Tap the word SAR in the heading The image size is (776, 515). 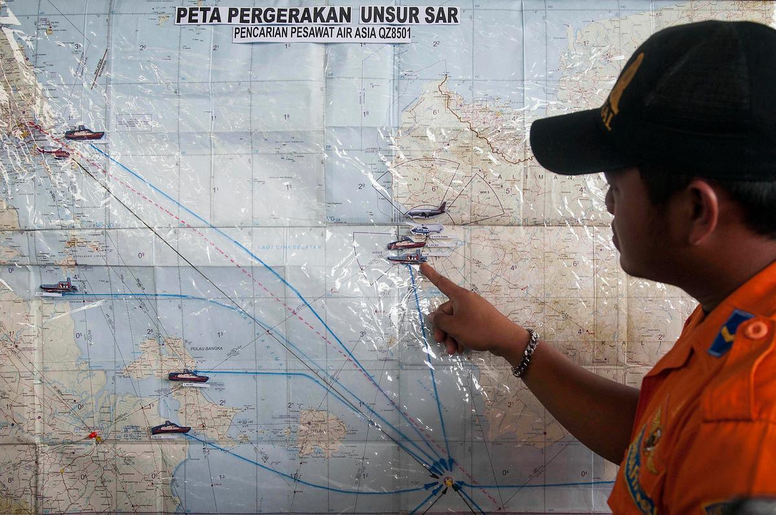(442, 15)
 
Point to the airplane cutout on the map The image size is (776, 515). (426, 211)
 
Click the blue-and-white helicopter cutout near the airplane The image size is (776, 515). (427, 229)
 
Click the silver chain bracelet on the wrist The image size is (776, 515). (525, 353)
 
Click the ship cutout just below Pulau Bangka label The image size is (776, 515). (188, 376)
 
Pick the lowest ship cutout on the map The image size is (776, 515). (171, 428)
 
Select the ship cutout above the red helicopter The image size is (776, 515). (84, 133)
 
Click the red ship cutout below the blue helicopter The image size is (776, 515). (406, 243)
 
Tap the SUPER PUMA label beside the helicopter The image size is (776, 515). (440, 237)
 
